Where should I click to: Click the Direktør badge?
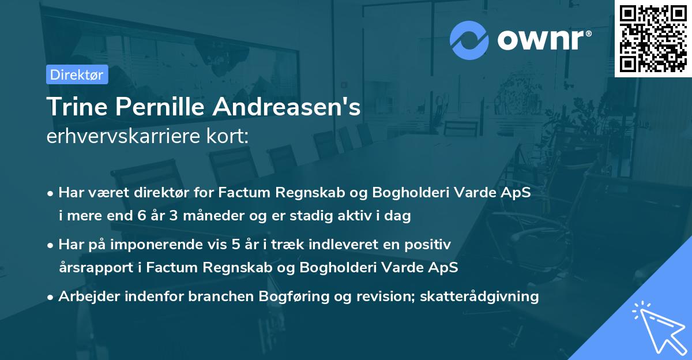click(77, 74)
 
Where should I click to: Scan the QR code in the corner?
click(653, 38)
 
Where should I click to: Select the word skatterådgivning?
click(480, 297)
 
